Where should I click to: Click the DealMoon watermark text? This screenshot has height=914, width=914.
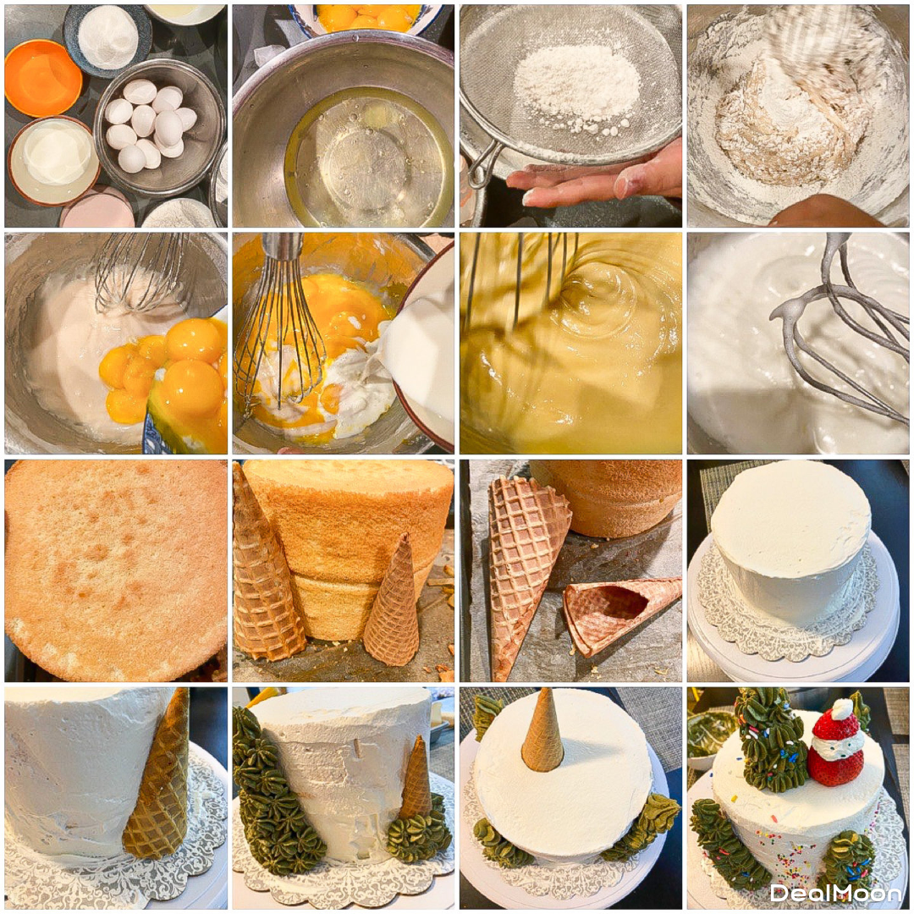click(x=835, y=893)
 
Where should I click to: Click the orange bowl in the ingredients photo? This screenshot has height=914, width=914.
click(x=42, y=78)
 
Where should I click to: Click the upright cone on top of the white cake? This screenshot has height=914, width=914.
click(x=542, y=729)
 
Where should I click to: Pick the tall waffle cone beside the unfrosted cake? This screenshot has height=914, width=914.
click(x=265, y=571)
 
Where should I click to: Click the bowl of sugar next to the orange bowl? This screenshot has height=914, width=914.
click(x=107, y=41)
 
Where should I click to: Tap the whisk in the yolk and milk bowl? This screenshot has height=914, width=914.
click(x=280, y=333)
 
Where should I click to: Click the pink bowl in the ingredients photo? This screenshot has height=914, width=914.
click(x=97, y=209)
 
